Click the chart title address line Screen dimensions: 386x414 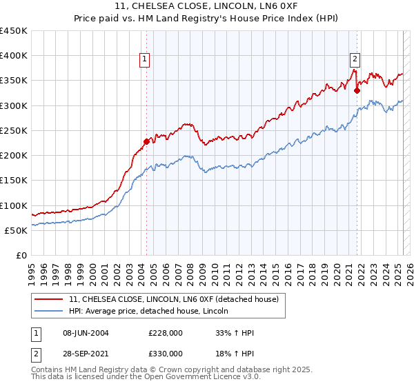click(207, 7)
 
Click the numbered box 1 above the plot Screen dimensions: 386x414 click(145, 59)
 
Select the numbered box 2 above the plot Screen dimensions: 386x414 click(355, 59)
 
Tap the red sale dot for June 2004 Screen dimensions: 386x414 click(146, 142)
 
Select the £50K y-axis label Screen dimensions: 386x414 click(17, 230)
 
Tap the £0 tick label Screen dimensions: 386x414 click(21, 256)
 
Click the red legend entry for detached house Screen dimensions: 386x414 click(173, 300)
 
